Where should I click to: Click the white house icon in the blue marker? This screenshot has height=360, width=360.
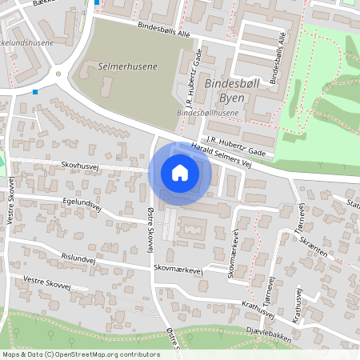[180, 173]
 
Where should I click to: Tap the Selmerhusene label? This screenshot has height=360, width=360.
[127, 68]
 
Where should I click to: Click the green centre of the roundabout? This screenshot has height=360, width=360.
[58, 75]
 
